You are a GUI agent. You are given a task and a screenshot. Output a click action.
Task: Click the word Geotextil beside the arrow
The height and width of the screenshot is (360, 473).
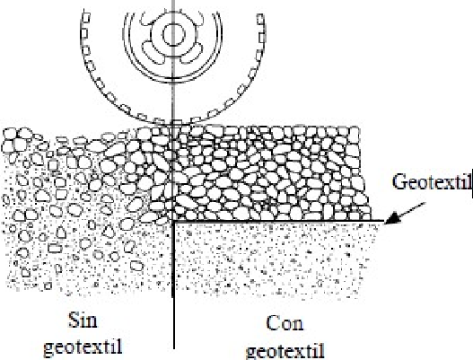point(432,182)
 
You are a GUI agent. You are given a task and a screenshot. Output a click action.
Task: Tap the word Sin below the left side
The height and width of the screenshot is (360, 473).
point(83,320)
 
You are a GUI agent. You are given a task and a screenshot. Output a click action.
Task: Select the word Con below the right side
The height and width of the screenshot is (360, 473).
point(285,323)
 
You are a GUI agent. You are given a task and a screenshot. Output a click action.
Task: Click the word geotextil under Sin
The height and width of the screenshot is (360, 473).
point(83,347)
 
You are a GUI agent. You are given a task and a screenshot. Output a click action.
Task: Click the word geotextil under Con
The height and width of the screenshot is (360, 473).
point(285,351)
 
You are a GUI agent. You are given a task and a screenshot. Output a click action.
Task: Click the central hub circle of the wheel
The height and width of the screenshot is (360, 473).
point(173,35)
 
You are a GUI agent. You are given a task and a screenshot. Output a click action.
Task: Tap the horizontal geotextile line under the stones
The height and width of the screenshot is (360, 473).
point(280,222)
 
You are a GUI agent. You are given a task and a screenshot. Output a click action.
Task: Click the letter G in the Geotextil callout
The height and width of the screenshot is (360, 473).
point(399,182)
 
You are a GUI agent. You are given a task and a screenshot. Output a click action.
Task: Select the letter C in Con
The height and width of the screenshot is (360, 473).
point(273,323)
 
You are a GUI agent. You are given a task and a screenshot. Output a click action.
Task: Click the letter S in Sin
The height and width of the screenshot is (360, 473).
point(74,320)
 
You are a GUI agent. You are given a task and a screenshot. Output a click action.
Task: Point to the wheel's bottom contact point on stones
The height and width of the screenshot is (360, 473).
point(173,123)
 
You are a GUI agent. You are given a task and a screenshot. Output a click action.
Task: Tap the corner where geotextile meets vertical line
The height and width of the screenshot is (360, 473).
point(174,222)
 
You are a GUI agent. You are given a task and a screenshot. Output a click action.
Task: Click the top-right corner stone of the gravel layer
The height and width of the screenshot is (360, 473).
point(355,132)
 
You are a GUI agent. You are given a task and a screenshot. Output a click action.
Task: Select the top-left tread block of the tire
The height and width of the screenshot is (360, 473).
point(86,15)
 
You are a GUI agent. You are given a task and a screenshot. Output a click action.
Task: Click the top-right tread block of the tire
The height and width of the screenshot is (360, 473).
point(260,19)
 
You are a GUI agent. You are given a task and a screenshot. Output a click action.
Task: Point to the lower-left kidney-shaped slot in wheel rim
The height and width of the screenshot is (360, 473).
point(153,52)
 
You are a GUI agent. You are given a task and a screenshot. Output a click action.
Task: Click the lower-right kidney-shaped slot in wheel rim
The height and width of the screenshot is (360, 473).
point(192,53)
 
